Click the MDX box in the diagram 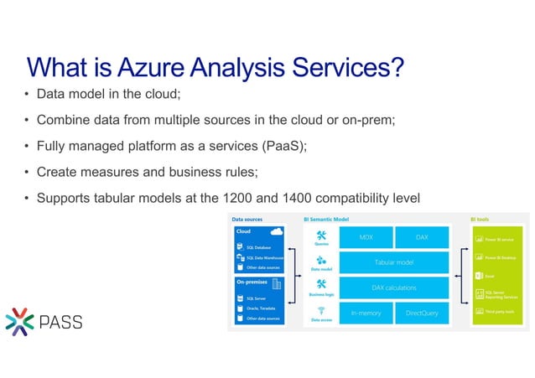pyautogui.click(x=366, y=237)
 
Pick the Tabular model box pyautogui.click(x=393, y=262)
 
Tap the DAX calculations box pyautogui.click(x=393, y=287)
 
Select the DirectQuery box pyautogui.click(x=422, y=313)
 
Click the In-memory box pyautogui.click(x=366, y=313)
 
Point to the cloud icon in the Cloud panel pyautogui.click(x=277, y=231)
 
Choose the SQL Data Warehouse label pyautogui.click(x=265, y=257)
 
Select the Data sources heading pyautogui.click(x=247, y=220)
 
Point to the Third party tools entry pyautogui.click(x=500, y=312)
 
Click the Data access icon pyautogui.click(x=320, y=310)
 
